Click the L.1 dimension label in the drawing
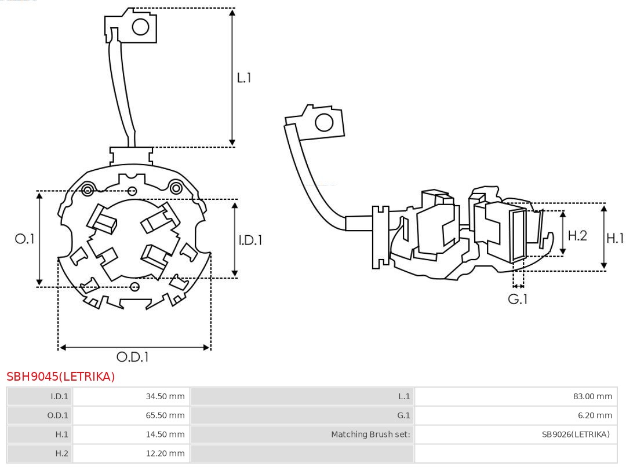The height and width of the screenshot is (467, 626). click(244, 78)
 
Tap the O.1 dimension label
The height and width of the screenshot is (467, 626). click(25, 239)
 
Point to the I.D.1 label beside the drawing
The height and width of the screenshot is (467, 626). click(250, 239)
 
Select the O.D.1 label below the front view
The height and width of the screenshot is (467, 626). click(133, 357)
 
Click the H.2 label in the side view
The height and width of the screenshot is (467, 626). click(577, 235)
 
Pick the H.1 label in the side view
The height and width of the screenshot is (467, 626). click(615, 238)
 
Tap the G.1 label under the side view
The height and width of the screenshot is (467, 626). click(518, 299)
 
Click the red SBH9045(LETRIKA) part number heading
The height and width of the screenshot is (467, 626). click(61, 377)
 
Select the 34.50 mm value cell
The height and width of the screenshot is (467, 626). click(165, 396)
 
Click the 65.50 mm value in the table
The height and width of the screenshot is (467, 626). click(165, 415)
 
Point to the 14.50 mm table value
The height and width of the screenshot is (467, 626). click(165, 434)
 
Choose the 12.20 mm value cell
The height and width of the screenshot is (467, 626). click(165, 453)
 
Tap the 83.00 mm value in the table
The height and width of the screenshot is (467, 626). click(592, 396)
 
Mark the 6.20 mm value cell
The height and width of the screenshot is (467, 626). click(595, 415)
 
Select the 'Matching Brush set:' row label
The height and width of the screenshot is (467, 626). click(370, 434)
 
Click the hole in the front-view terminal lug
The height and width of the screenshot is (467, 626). click(141, 27)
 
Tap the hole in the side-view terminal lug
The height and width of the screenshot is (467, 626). click(323, 123)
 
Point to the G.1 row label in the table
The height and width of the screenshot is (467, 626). click(403, 415)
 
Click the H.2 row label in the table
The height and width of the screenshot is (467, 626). click(61, 453)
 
